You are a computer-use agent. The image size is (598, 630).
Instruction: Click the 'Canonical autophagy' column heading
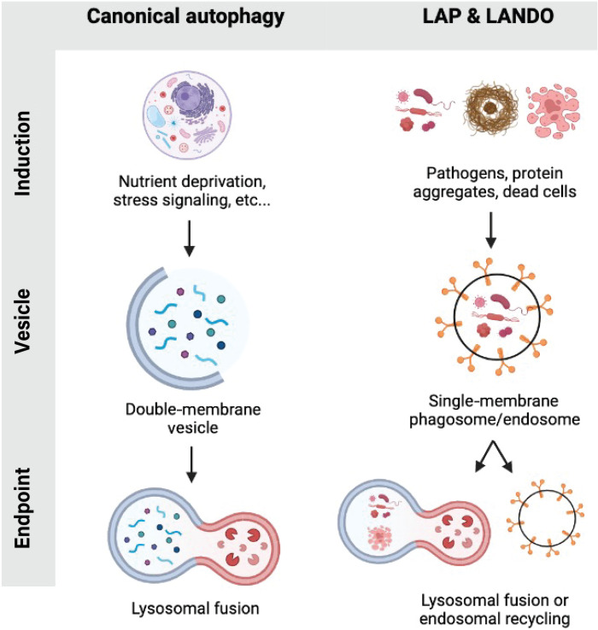click(185, 17)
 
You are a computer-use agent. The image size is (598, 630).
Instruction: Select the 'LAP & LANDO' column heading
click(488, 16)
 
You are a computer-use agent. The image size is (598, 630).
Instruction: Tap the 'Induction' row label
click(23, 154)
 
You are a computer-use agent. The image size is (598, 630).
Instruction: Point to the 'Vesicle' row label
click(23, 321)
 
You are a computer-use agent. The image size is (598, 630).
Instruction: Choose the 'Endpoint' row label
click(23, 508)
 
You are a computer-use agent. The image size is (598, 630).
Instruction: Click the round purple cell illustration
click(187, 115)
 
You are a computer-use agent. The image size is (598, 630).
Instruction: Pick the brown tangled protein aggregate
click(490, 108)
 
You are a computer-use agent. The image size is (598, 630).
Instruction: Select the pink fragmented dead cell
click(553, 110)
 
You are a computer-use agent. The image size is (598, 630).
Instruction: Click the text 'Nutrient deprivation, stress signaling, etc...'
click(192, 191)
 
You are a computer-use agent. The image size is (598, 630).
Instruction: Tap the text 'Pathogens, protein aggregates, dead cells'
click(495, 183)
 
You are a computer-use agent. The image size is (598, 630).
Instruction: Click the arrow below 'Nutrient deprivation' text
click(189, 238)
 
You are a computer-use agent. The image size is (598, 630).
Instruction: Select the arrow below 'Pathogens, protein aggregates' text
click(490, 230)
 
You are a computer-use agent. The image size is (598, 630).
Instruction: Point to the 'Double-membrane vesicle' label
click(193, 418)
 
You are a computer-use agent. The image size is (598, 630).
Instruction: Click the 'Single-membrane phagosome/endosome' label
click(495, 410)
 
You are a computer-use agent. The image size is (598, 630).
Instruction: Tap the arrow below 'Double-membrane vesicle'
click(191, 464)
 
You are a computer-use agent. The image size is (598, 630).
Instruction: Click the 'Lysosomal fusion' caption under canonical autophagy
click(196, 609)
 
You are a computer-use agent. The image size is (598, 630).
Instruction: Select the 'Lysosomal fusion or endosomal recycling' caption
click(495, 610)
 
